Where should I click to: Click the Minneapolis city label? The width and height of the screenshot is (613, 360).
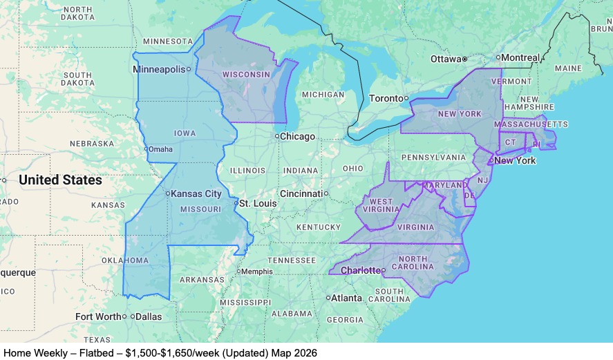[x=159, y=69]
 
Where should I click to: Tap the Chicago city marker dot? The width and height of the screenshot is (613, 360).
[x=277, y=136]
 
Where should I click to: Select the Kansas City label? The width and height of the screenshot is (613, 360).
[x=196, y=194]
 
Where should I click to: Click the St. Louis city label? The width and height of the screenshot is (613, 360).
[x=257, y=204]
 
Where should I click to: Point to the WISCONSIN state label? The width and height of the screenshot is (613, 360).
[x=245, y=75]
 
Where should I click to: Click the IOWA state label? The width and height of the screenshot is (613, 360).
[x=185, y=133]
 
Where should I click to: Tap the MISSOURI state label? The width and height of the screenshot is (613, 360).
[x=200, y=209]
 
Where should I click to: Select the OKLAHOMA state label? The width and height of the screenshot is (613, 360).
[x=126, y=260]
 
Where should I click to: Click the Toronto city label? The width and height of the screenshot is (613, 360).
[x=386, y=98]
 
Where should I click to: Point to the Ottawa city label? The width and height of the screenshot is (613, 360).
[x=444, y=59]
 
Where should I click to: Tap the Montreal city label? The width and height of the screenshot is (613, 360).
[x=520, y=57]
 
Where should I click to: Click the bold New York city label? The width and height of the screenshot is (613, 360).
[x=515, y=160]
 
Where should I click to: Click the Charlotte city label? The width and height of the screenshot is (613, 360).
[x=361, y=270]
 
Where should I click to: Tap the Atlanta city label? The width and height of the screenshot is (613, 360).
[x=346, y=299]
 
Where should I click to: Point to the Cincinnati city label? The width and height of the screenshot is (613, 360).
[x=301, y=193]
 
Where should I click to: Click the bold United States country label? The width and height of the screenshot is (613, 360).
[x=60, y=180]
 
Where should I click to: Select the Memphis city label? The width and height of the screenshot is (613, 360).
[x=256, y=272]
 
